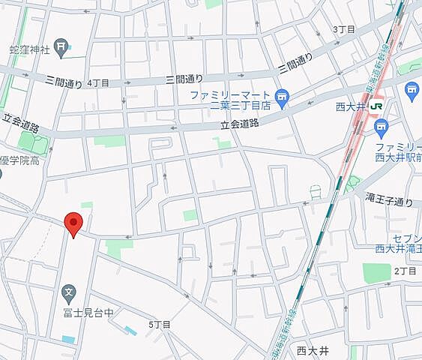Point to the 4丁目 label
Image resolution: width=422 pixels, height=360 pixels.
pyautogui.click(x=98, y=82)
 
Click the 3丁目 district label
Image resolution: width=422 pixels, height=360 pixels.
pyautogui.click(x=343, y=28)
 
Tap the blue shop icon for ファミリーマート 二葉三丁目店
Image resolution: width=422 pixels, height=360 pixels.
pyautogui.click(x=282, y=95)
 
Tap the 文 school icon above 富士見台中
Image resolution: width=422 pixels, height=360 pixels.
pyautogui.click(x=68, y=291)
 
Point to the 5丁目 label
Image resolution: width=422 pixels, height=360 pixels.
pyautogui.click(x=160, y=324)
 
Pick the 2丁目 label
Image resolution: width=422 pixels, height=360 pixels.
pyautogui.click(x=405, y=270)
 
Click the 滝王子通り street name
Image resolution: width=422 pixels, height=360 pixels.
pyautogui.click(x=389, y=202)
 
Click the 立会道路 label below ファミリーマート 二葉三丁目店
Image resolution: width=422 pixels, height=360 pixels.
pyautogui.click(x=240, y=124)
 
